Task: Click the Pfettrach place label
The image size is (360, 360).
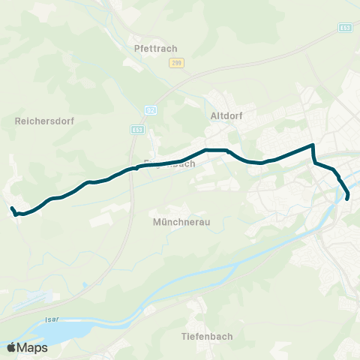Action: pyautogui.click(x=155, y=49)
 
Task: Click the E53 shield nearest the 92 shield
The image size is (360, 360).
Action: pyautogui.click(x=136, y=129)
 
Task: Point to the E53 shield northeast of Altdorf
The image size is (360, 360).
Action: pyautogui.click(x=344, y=27)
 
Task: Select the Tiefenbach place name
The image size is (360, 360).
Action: pyautogui.click(x=203, y=337)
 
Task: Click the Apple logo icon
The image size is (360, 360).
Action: pyautogui.click(x=12, y=347)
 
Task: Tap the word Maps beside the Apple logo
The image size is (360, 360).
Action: pyautogui.click(x=33, y=347)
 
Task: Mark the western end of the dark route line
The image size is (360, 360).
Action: pyautogui.click(x=11, y=208)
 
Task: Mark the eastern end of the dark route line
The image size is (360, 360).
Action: pyautogui.click(x=348, y=199)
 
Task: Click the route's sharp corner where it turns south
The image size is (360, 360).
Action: pyautogui.click(x=312, y=145)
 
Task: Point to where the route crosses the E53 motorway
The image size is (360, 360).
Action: pyautogui.click(x=132, y=169)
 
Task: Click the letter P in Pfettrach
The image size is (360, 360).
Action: pyautogui.click(x=136, y=49)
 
